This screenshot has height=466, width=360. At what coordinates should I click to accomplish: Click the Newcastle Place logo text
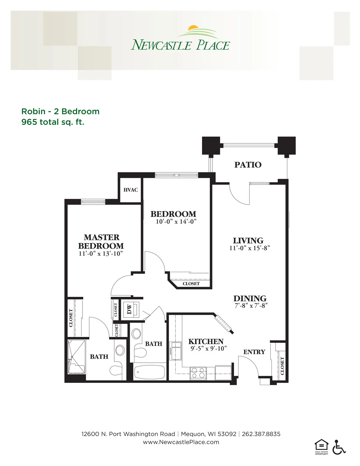pos(180,45)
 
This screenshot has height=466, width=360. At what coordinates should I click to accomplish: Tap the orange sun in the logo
pos(193,27)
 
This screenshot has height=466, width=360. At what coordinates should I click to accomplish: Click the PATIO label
pos(248,165)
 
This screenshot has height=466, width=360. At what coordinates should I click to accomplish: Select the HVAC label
pos(130,190)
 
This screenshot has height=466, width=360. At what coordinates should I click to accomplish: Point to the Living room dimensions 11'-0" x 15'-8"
pos(250,248)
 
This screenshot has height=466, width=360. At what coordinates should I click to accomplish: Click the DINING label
pos(250,299)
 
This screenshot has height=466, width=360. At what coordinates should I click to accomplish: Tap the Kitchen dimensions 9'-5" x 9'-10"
pos(208,348)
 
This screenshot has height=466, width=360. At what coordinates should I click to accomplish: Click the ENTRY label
pos(254,352)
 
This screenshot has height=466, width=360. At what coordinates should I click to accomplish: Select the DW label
pos(129,309)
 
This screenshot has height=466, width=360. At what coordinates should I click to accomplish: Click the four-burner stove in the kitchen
pos(198,373)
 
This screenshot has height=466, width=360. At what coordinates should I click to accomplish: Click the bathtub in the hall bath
pos(149,372)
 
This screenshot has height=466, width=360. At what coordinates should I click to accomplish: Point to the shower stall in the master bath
pos(76,356)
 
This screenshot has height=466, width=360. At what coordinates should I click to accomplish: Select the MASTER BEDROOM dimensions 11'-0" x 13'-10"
pos(101,254)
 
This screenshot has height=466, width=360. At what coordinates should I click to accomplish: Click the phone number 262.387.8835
pos(261,434)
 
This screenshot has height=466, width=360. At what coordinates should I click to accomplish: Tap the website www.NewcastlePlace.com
pos(181,442)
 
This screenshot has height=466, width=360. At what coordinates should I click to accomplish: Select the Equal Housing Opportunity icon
pos(321,447)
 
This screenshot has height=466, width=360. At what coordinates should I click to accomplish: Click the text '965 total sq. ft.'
pos(53,122)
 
